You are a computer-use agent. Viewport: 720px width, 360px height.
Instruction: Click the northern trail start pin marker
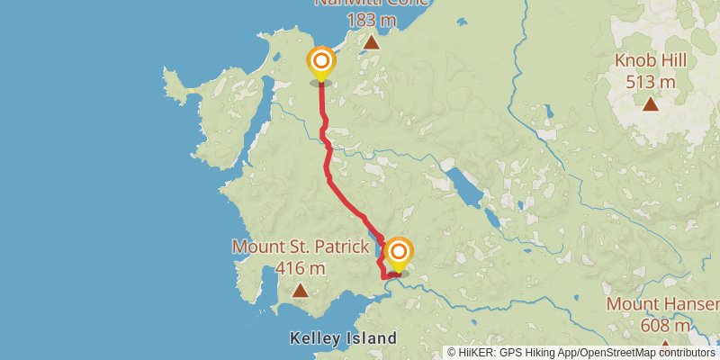(x=321, y=63)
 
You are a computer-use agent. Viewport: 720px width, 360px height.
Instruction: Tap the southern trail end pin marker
(x=397, y=253)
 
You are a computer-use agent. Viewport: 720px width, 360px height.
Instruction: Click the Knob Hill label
(x=651, y=62)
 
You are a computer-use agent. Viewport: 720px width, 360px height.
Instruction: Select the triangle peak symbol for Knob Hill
(x=651, y=103)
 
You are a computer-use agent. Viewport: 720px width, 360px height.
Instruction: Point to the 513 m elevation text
(x=651, y=82)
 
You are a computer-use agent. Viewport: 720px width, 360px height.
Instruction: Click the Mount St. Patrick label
(x=301, y=247)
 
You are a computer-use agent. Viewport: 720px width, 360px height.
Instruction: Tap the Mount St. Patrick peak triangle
(x=300, y=291)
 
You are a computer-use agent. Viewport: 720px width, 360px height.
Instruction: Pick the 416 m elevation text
(x=301, y=267)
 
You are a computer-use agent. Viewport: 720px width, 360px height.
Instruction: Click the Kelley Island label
(x=343, y=339)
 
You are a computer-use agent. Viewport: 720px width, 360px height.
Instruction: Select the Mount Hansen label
(x=662, y=304)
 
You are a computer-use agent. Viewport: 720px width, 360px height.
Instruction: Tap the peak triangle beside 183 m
(x=371, y=41)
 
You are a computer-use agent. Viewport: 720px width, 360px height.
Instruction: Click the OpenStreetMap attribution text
(x=645, y=352)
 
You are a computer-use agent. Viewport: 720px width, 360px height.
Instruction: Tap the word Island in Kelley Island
(x=372, y=339)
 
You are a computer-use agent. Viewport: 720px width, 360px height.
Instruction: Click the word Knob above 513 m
(x=634, y=62)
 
